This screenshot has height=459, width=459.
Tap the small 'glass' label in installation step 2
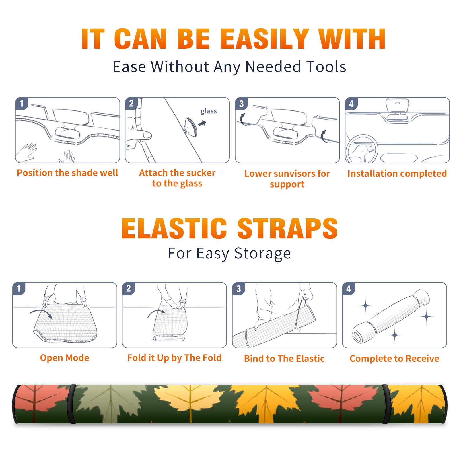click(209, 111)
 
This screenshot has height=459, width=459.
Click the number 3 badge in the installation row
click(241, 104)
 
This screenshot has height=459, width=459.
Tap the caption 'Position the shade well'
click(67, 173)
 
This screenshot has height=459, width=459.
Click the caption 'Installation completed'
click(397, 174)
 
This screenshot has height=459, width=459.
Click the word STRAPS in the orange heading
click(287, 228)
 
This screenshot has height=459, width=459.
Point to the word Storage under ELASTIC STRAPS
click(262, 254)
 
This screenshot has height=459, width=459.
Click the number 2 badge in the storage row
click(129, 289)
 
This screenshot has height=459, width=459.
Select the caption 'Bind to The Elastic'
click(284, 359)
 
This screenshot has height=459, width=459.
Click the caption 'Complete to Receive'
click(394, 359)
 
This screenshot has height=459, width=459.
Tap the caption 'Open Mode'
click(65, 358)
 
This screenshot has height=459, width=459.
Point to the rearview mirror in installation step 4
click(397, 105)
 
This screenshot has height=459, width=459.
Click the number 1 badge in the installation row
click(22, 103)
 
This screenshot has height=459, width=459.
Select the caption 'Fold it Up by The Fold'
click(174, 358)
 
